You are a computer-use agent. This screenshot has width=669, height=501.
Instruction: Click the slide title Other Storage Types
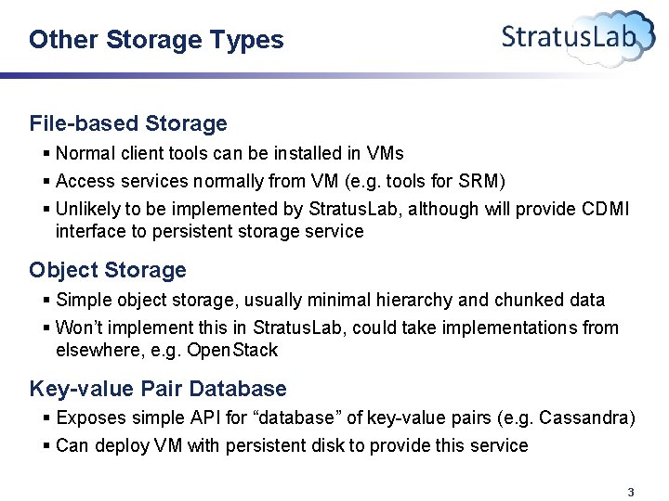pyautogui.click(x=156, y=40)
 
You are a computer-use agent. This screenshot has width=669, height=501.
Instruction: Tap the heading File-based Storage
pyautogui.click(x=128, y=123)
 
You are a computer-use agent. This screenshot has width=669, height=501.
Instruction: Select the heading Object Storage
pyautogui.click(x=108, y=270)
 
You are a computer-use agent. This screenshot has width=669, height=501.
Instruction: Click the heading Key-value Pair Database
pyautogui.click(x=158, y=389)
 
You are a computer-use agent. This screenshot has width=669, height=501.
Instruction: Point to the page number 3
pyautogui.click(x=631, y=492)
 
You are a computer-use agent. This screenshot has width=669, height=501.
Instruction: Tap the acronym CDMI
pyautogui.click(x=605, y=209)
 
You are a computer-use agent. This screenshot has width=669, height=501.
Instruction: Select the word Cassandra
pyautogui.click(x=589, y=418)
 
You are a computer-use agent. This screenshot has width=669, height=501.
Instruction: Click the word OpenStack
pyautogui.click(x=232, y=351)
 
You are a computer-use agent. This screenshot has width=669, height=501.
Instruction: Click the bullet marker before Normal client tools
pyautogui.click(x=47, y=153)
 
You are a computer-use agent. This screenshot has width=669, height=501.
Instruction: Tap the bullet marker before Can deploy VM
pyautogui.click(x=47, y=446)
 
